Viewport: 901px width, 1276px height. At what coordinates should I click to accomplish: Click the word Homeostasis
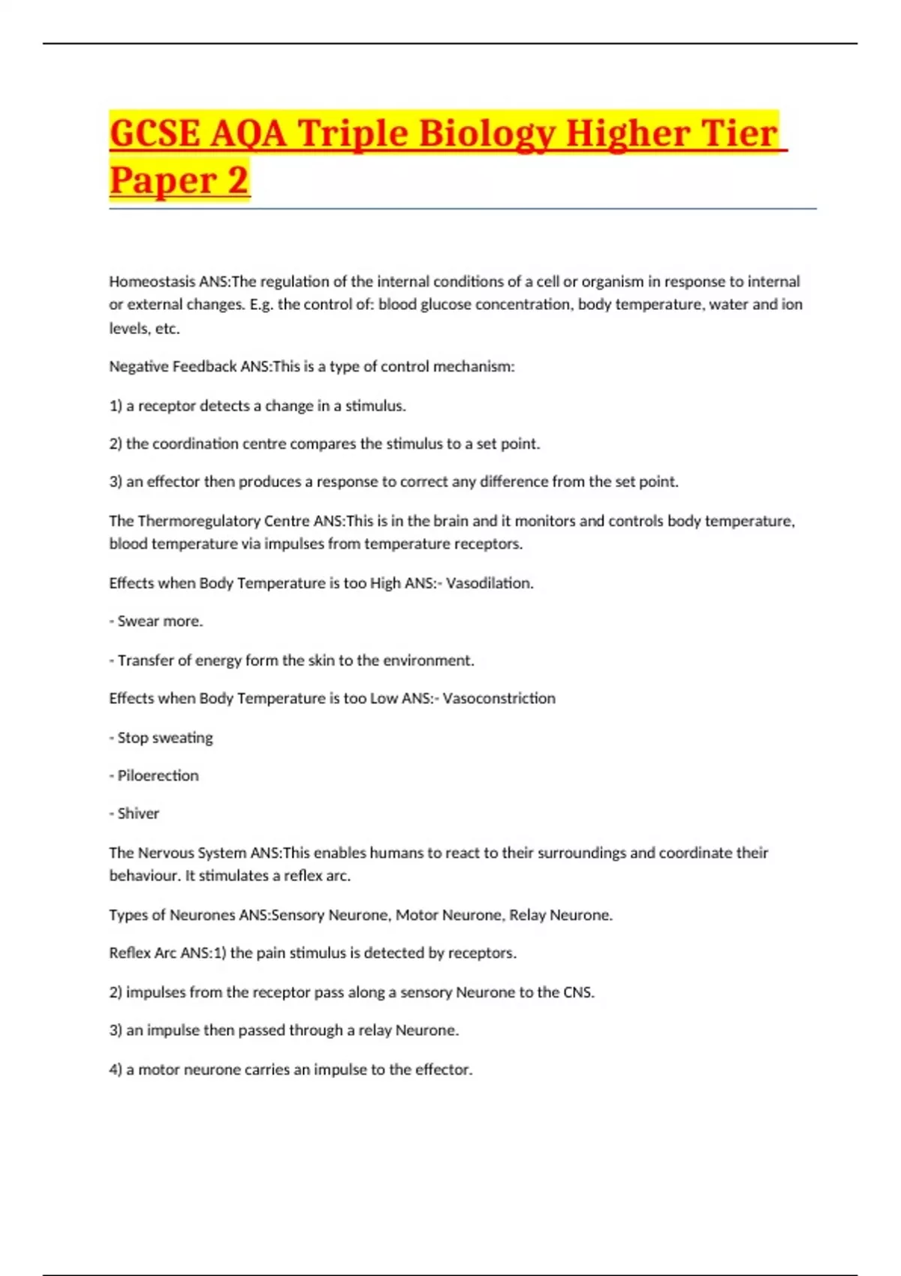tap(152, 281)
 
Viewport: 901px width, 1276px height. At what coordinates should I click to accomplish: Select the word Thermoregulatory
tap(197, 520)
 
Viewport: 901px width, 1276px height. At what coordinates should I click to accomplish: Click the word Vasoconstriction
tap(499, 698)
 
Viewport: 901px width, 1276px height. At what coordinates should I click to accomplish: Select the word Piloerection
tap(158, 775)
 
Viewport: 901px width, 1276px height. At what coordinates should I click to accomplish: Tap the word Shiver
tap(138, 814)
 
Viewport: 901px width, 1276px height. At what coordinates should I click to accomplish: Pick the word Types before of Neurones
tap(128, 915)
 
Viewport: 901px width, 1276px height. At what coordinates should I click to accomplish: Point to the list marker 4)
tap(116, 1070)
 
